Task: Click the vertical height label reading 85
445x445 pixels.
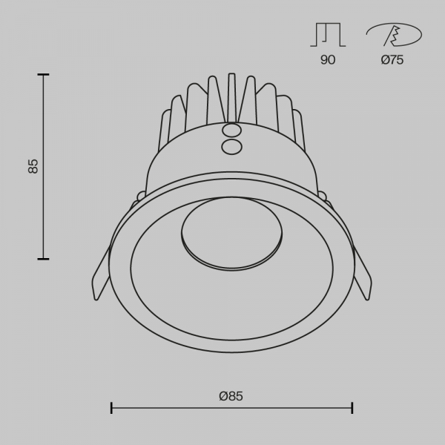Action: point(33,166)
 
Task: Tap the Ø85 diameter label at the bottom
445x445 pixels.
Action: point(231,396)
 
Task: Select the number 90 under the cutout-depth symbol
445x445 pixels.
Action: point(328,60)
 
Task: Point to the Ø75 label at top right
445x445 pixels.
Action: point(392,60)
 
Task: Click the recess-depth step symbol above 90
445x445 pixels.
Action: point(328,35)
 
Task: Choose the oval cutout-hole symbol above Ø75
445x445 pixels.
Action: point(394,35)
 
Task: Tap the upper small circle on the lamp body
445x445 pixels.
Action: point(231,131)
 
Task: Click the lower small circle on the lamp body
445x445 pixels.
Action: point(231,147)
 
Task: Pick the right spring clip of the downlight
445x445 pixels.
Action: point(363,273)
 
